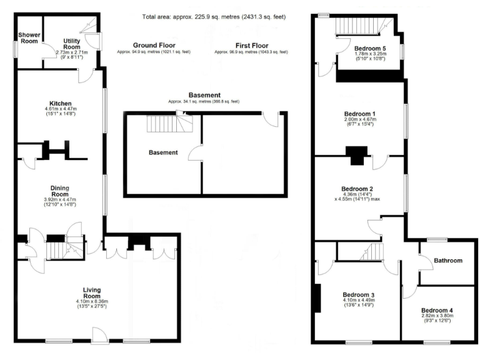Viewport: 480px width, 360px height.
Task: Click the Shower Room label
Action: tap(28, 39)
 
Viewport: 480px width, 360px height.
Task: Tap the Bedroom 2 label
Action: tap(357, 189)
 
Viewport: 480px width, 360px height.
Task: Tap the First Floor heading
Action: tap(252, 45)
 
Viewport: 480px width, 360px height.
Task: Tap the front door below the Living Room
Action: tap(100, 337)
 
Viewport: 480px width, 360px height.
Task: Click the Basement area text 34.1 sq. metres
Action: tap(204, 101)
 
